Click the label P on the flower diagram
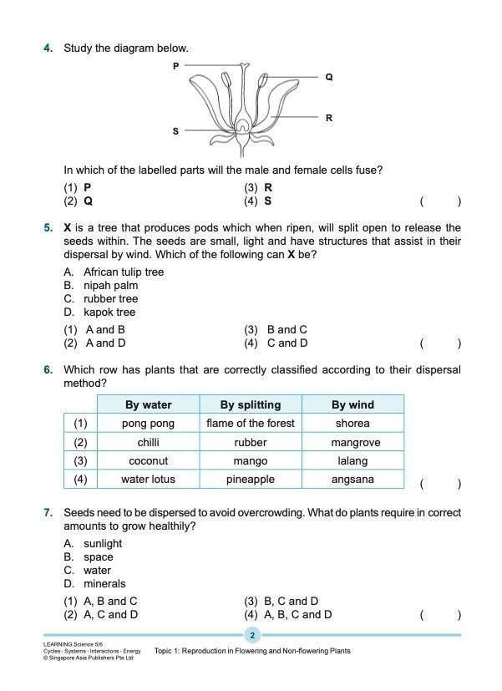click(175, 65)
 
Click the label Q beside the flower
click(329, 77)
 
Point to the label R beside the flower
click(329, 119)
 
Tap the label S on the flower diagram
click(175, 131)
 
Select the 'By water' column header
click(148, 405)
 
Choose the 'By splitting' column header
click(251, 405)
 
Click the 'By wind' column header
click(352, 405)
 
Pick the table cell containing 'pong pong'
click(148, 424)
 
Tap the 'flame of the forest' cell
click(251, 424)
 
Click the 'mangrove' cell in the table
click(352, 443)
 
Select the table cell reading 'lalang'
click(352, 461)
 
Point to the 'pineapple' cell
click(251, 480)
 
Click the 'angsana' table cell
click(352, 480)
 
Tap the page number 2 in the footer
click(252, 636)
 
